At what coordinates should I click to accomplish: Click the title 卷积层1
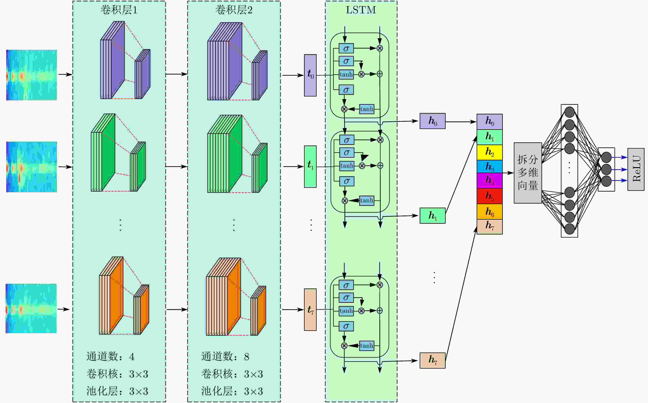pyautogui.click(x=119, y=10)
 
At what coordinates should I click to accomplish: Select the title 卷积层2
pyautogui.click(x=234, y=10)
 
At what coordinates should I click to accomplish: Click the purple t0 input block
pyautogui.click(x=310, y=75)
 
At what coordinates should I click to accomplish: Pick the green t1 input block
pyautogui.click(x=310, y=167)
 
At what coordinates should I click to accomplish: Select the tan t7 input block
pyautogui.click(x=310, y=310)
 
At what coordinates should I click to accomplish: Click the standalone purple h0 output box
pyautogui.click(x=432, y=121)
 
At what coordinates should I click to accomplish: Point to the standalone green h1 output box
pyautogui.click(x=432, y=216)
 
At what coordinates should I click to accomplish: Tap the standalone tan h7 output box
pyautogui.click(x=432, y=361)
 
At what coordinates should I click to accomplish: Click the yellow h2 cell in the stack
pyautogui.click(x=490, y=152)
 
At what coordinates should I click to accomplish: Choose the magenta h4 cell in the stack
pyautogui.click(x=490, y=181)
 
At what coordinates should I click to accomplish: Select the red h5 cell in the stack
pyautogui.click(x=490, y=196)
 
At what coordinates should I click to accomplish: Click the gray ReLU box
pyautogui.click(x=636, y=169)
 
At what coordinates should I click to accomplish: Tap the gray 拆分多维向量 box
pyautogui.click(x=528, y=173)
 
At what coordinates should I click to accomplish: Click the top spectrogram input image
pyautogui.click(x=32, y=75)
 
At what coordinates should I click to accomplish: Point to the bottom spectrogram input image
pyautogui.click(x=31, y=308)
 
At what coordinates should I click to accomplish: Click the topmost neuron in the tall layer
pyautogui.click(x=569, y=112)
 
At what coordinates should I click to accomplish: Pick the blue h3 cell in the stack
pyautogui.click(x=490, y=167)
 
